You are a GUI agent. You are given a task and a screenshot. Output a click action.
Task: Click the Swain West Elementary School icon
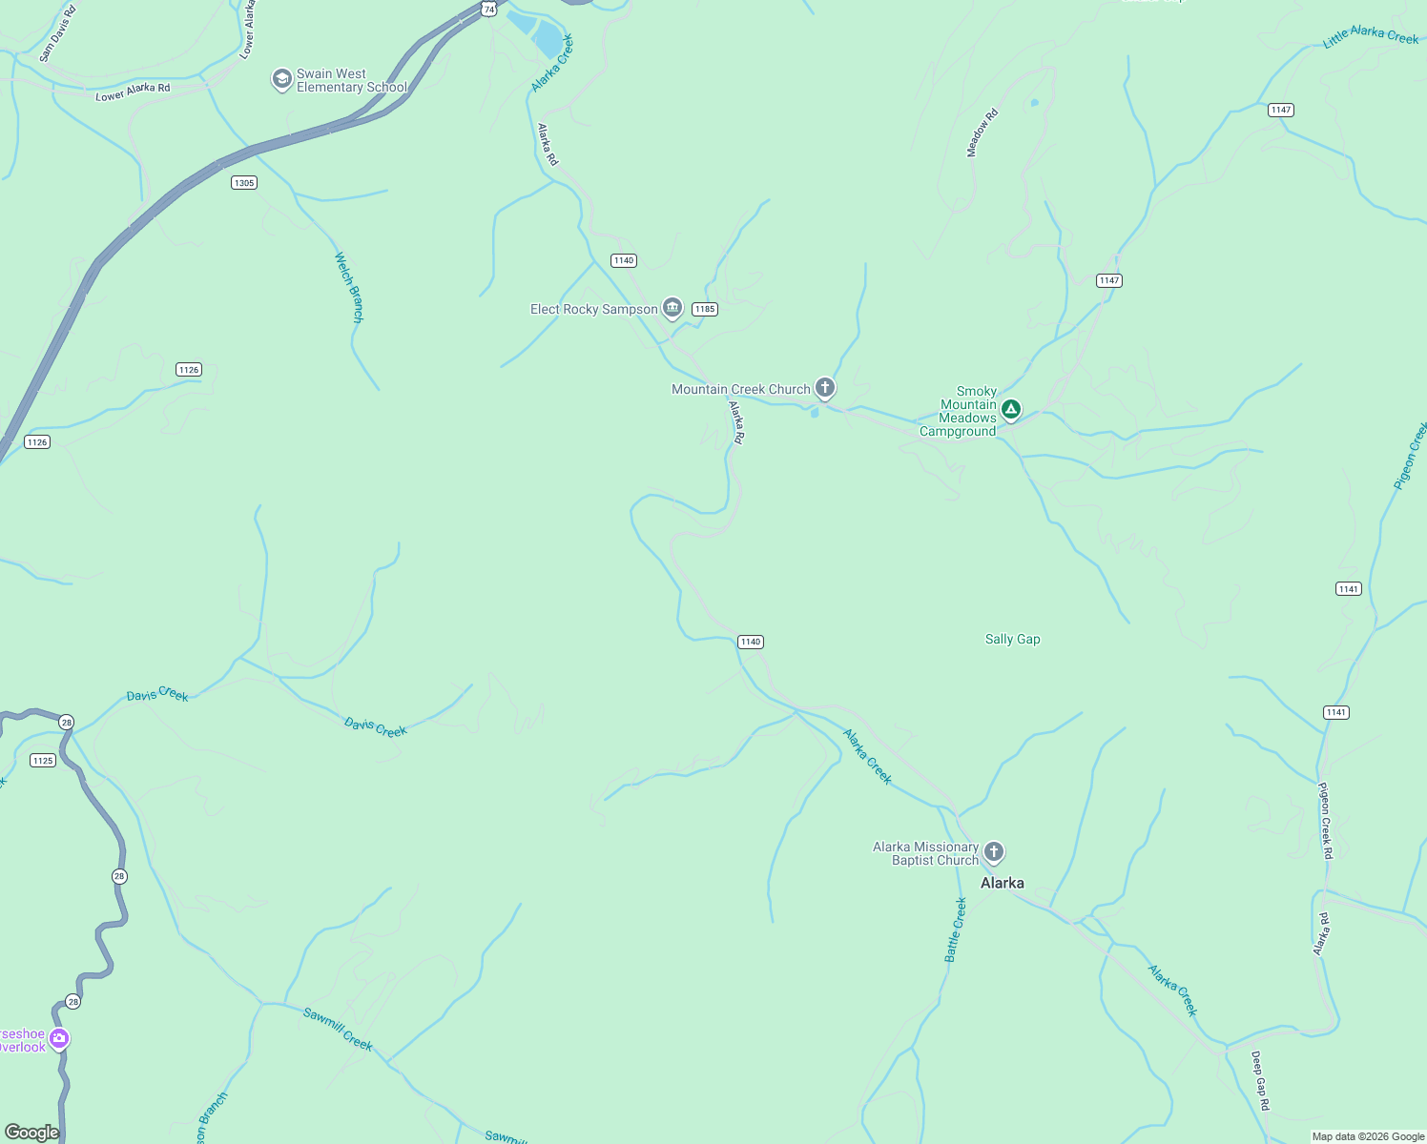tap(281, 79)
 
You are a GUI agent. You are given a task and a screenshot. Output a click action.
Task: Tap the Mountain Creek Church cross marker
tap(825, 388)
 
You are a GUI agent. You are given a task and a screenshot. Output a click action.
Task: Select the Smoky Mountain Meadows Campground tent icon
tap(1011, 410)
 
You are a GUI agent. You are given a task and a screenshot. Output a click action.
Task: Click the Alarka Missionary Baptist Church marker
tap(994, 851)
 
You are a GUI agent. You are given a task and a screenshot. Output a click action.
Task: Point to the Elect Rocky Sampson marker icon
tap(672, 307)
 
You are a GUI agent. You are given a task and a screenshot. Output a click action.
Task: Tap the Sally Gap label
tap(1012, 639)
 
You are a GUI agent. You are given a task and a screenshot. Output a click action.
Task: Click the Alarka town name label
tap(1002, 883)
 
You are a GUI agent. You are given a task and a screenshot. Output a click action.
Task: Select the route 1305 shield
tap(244, 182)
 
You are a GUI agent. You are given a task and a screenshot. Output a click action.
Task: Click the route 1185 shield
tap(705, 309)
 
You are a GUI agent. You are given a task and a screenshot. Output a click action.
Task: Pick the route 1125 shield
tap(43, 760)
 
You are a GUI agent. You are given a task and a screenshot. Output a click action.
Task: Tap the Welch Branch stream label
tap(349, 287)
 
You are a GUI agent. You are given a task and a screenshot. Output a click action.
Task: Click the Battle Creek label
tap(956, 929)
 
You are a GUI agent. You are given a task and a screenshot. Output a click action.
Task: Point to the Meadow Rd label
tap(982, 133)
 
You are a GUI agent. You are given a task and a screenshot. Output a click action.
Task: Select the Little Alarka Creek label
tap(1371, 36)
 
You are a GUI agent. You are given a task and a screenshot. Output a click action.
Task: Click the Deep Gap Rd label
tap(1260, 1080)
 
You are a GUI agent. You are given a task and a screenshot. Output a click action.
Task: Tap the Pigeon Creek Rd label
tap(1325, 820)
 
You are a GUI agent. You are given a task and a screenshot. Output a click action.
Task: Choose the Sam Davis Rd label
tap(56, 33)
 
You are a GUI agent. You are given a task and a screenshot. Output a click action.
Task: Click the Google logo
tap(32, 1132)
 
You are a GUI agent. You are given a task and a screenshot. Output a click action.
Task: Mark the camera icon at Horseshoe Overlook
tap(59, 1038)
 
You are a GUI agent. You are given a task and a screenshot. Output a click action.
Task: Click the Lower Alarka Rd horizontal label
tap(133, 92)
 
